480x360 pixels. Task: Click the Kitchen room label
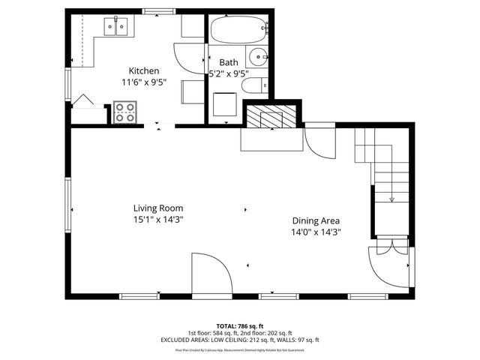click(144, 70)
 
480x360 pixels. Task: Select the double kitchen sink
click(116, 28)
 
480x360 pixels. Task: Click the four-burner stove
click(124, 112)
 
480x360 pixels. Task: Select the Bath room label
click(228, 62)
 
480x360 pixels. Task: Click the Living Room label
click(158, 208)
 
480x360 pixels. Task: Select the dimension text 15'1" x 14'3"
click(158, 219)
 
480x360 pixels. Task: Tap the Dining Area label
click(316, 220)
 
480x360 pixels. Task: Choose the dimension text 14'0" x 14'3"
click(316, 232)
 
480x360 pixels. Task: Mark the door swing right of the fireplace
click(321, 141)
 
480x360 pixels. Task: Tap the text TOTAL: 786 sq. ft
click(240, 326)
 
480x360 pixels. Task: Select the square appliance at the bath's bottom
click(224, 104)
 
